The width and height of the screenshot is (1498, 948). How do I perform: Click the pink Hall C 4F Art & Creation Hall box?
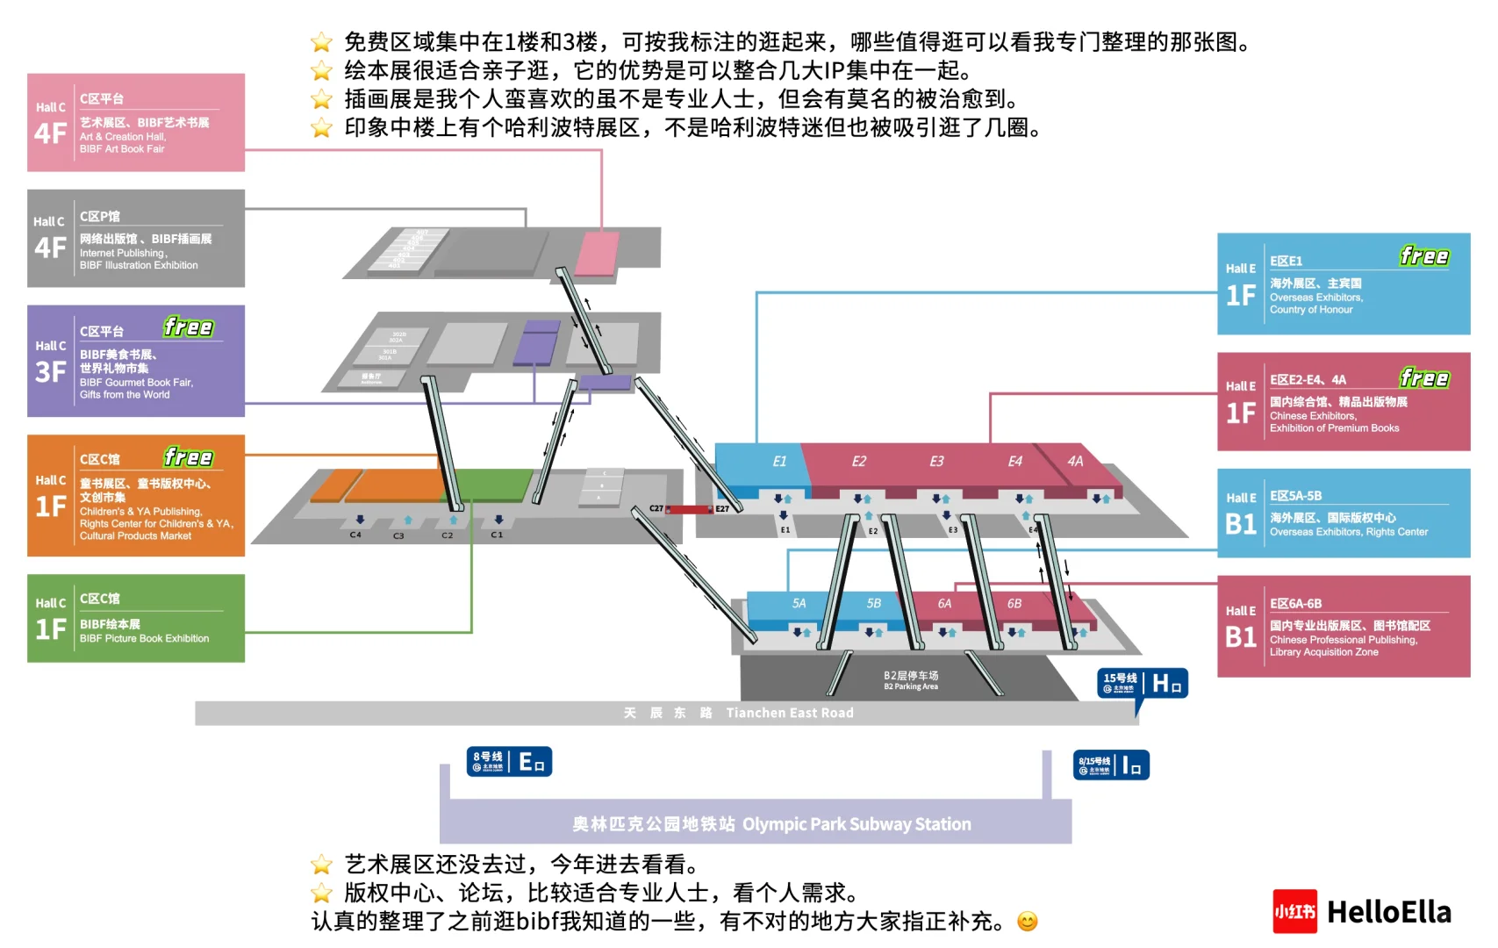(x=136, y=123)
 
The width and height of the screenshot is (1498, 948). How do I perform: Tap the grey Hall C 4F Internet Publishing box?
(x=136, y=239)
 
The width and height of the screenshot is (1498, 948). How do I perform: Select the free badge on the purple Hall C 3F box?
(x=188, y=327)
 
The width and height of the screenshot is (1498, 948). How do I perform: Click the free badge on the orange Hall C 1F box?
(x=188, y=457)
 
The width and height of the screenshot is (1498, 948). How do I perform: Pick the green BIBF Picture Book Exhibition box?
(x=136, y=618)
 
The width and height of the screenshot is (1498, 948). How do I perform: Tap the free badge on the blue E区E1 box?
(x=1423, y=256)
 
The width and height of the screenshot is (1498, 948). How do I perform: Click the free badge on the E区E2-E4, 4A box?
(x=1423, y=378)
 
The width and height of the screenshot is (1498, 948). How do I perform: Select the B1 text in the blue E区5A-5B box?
(x=1241, y=524)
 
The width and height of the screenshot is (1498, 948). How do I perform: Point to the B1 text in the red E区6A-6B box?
(x=1241, y=636)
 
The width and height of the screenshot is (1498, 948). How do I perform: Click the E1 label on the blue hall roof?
(x=779, y=462)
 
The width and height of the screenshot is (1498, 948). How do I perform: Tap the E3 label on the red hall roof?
(x=936, y=462)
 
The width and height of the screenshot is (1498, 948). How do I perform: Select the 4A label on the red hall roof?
(x=1075, y=462)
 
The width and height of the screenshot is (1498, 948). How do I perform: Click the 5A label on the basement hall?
(x=799, y=604)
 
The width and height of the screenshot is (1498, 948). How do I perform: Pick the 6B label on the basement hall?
(x=1014, y=604)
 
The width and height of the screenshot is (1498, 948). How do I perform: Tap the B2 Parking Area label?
(x=911, y=680)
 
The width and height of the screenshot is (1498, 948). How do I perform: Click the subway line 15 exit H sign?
(x=1143, y=683)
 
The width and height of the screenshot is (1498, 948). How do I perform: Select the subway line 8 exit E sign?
(x=509, y=762)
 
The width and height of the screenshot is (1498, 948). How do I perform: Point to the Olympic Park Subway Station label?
(x=771, y=824)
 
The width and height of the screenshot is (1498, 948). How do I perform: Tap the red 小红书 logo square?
(x=1294, y=912)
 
